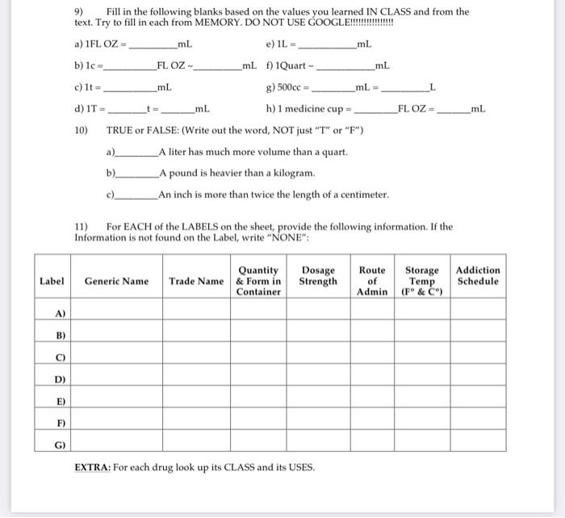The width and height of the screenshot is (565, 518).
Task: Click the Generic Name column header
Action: pyautogui.click(x=116, y=281)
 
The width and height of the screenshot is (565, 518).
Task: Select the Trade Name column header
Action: pyautogui.click(x=196, y=281)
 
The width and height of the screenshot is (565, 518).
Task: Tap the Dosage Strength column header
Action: pyautogui.click(x=318, y=276)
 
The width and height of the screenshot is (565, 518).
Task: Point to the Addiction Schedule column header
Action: pyautogui.click(x=478, y=276)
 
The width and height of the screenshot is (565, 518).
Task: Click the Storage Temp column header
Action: pyautogui.click(x=422, y=281)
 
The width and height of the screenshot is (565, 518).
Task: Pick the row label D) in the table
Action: pyautogui.click(x=61, y=378)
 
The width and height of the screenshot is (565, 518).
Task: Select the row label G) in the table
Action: pyautogui.click(x=61, y=444)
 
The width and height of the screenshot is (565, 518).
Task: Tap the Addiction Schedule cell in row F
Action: pyautogui.click(x=478, y=422)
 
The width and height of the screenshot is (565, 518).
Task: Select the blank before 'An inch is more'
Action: pyautogui.click(x=137, y=196)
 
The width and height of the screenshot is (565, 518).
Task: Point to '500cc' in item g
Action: pyautogui.click(x=288, y=87)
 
